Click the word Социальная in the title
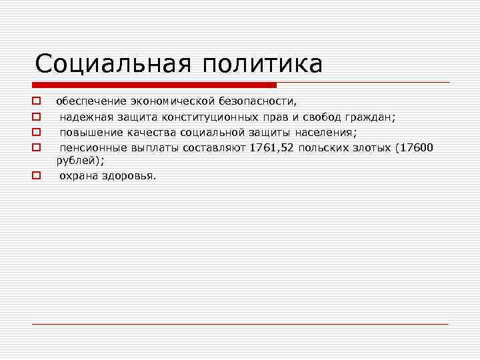tap(108, 64)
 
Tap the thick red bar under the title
tap(154, 85)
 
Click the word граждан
tap(370, 117)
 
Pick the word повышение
tap(87, 132)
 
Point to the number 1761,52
tap(273, 147)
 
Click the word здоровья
tap(131, 176)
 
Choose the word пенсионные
tap(91, 147)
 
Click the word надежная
tap(83, 117)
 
